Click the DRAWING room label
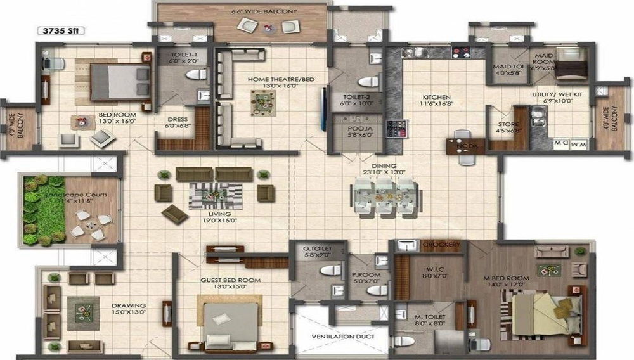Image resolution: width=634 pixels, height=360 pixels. [128, 307]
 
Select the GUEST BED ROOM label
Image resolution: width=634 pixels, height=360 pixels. [230, 280]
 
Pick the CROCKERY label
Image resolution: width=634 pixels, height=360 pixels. [437, 245]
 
